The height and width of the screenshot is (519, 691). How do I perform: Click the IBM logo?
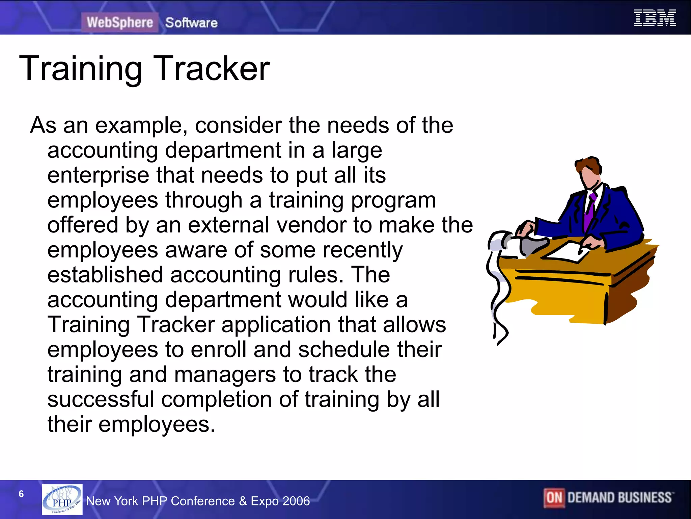(x=655, y=18)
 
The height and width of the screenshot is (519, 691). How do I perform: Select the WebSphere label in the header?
(x=120, y=23)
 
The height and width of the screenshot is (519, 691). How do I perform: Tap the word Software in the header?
(x=191, y=23)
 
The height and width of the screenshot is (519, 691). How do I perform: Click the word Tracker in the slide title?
(x=212, y=69)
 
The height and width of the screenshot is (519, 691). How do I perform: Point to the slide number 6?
(x=21, y=494)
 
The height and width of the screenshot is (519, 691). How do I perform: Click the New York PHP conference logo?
(x=62, y=499)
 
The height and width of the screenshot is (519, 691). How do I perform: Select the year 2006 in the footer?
(x=296, y=501)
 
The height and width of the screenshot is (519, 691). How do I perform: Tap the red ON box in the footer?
(x=554, y=498)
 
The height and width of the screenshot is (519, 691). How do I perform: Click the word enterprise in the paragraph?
(x=98, y=176)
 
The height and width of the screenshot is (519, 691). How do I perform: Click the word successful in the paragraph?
(x=101, y=399)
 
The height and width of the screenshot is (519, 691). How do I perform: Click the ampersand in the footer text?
(x=243, y=501)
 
